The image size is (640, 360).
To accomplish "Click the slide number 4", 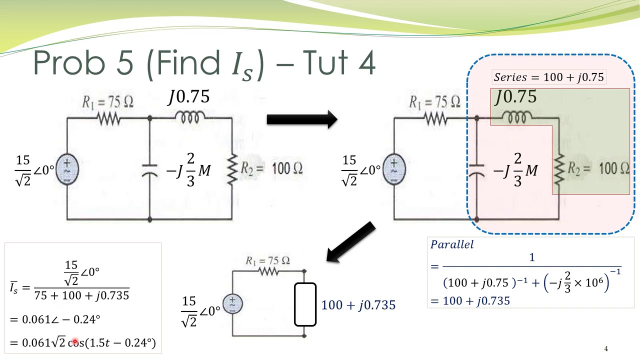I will tap(606, 349).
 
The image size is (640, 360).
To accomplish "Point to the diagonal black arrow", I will tap(351, 242).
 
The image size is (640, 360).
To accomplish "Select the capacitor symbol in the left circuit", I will tap(149, 170).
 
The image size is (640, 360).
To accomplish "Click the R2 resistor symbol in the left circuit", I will tap(231, 169).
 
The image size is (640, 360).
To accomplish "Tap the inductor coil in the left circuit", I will tap(190, 117).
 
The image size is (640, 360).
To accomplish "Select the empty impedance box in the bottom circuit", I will tap(304, 304).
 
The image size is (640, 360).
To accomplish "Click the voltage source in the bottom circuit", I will tap(232, 303).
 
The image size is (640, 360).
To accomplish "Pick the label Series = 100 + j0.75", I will tap(549, 77).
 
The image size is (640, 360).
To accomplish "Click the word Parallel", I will tap(452, 245).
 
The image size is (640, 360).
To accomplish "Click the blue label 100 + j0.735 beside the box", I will tap(358, 304).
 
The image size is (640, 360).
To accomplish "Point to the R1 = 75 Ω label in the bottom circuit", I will tap(268, 260).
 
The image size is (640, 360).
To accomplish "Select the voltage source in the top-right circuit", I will tap(394, 169).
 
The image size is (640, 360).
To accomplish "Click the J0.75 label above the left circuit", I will tap(188, 96).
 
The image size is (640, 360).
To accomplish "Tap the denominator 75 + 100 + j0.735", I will tap(81, 295).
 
